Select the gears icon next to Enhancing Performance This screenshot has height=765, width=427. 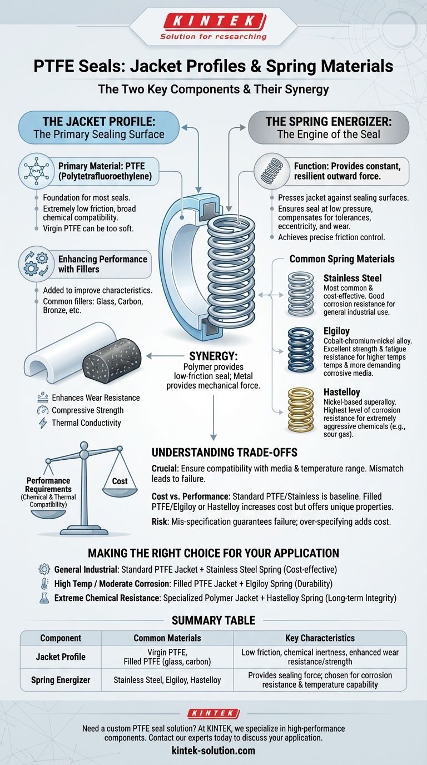coord(35,264)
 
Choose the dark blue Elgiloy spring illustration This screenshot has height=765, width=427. coord(300,350)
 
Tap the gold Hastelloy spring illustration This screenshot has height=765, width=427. coord(300,410)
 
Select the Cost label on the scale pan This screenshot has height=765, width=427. coord(120,481)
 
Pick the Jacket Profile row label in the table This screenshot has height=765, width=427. coord(61,657)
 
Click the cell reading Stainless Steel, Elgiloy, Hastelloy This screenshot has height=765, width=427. coord(167,680)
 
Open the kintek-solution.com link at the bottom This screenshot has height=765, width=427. coord(213,751)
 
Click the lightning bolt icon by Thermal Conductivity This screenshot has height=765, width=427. coord(43,423)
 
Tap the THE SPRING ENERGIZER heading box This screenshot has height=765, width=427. coord(328,127)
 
